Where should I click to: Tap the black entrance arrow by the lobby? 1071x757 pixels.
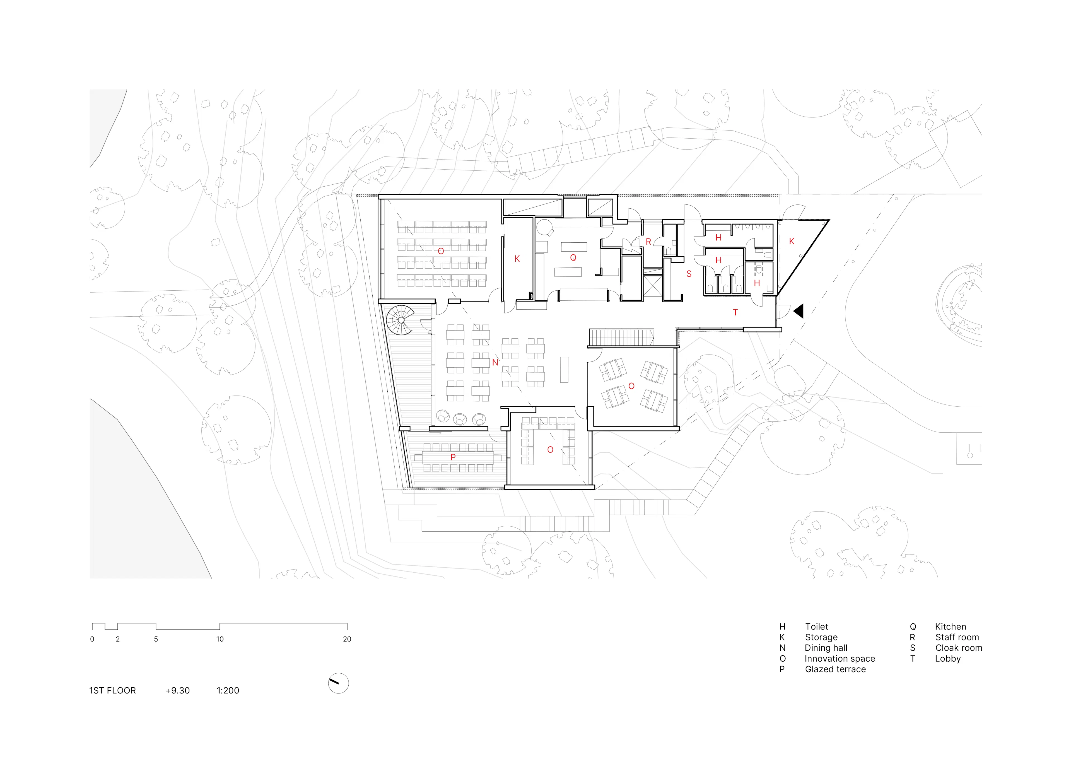[x=799, y=311]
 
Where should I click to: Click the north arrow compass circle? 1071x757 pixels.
[x=338, y=683]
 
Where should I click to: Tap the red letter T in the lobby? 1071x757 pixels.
[x=735, y=312]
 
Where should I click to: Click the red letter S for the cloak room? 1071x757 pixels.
[x=689, y=274]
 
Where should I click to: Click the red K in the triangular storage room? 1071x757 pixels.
[x=791, y=242]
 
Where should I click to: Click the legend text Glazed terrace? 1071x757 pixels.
[x=835, y=669]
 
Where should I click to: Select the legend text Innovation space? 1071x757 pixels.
[x=839, y=659]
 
